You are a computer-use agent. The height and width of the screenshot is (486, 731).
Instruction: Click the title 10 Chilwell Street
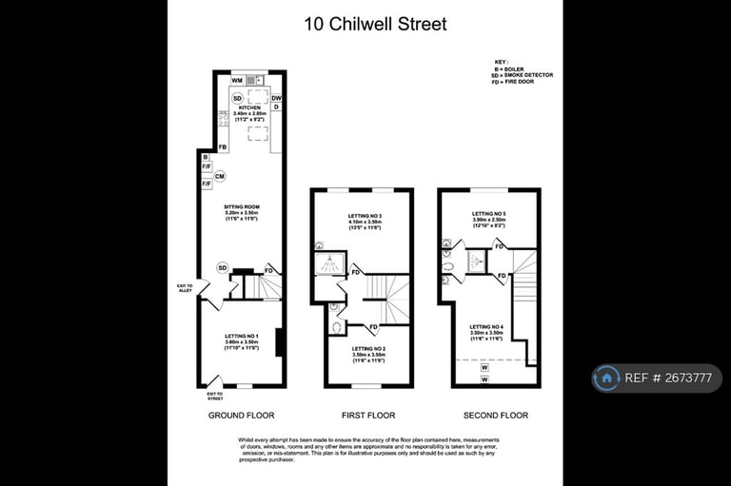374,25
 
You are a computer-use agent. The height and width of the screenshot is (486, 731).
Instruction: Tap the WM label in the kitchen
236,82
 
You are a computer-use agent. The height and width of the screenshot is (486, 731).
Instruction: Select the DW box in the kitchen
276,98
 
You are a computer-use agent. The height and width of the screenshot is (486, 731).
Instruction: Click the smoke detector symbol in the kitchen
237,98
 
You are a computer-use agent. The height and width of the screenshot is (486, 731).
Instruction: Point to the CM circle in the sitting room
220,177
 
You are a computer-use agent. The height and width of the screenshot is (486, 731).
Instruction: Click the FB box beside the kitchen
223,147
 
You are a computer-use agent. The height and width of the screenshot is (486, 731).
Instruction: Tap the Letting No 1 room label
242,339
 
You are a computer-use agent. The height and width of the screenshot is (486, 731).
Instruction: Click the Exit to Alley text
185,287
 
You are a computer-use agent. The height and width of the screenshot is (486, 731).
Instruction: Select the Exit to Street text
216,396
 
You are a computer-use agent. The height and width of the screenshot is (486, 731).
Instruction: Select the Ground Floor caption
241,416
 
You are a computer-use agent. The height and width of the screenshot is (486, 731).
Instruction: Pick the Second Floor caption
495,416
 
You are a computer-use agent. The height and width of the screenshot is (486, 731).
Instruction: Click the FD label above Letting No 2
373,327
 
